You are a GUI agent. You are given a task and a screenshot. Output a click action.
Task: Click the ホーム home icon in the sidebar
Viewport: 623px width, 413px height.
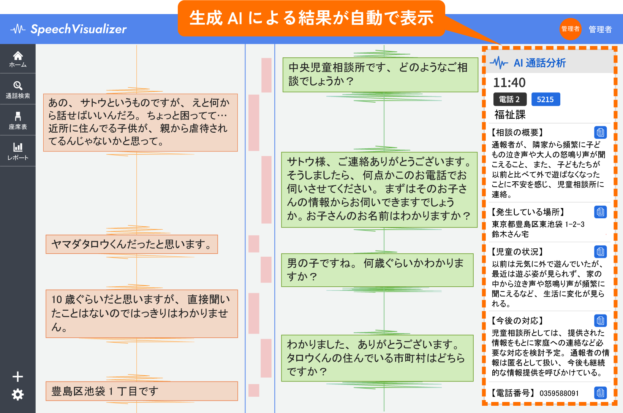(18, 56)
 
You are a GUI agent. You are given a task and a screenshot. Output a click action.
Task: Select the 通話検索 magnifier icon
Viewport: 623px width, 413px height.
(18, 86)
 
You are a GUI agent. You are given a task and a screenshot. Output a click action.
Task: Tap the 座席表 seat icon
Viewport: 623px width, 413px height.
(18, 116)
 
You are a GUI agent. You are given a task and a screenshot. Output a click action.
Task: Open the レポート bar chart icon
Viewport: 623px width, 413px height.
(18, 147)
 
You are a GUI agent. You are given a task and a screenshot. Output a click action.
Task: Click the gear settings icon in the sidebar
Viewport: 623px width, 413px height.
(18, 395)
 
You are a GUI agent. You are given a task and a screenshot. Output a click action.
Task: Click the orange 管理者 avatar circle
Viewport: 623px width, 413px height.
(571, 29)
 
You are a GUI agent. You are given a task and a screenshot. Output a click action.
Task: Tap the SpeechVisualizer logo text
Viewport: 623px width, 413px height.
(78, 29)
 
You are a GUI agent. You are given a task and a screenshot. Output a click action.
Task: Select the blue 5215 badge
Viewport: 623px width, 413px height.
(546, 99)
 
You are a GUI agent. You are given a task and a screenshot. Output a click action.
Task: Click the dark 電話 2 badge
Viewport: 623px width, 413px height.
(510, 99)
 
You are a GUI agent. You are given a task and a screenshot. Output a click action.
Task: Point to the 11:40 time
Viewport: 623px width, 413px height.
(509, 83)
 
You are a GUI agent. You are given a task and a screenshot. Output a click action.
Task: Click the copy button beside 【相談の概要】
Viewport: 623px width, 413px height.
(600, 132)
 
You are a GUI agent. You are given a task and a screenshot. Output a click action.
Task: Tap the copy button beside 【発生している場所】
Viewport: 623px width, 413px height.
(600, 212)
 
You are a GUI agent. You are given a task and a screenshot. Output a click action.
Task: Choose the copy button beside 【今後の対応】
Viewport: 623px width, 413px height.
(600, 321)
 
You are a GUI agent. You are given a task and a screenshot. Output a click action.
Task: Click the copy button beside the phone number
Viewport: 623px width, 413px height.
(600, 393)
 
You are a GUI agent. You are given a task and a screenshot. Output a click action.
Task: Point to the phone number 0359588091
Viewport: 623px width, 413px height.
(559, 393)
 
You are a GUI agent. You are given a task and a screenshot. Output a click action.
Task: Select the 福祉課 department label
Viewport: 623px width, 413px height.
(510, 115)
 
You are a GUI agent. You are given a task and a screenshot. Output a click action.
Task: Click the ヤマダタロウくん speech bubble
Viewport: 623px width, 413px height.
(132, 244)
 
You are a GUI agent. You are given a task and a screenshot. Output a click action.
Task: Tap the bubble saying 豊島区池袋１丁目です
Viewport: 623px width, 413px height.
(142, 391)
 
